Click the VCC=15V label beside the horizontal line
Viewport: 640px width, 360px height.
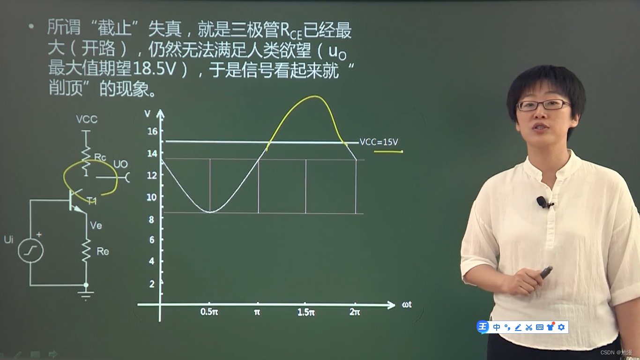(x=379, y=142)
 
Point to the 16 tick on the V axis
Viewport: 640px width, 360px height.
(x=152, y=131)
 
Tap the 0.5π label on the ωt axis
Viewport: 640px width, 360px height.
(x=209, y=312)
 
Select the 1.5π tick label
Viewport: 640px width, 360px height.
(x=306, y=312)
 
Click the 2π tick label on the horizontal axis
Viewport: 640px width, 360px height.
(x=355, y=312)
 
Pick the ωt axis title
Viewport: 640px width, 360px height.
(x=407, y=305)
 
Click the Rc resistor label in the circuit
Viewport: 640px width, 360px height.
(x=100, y=157)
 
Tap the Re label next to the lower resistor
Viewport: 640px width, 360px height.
(x=103, y=252)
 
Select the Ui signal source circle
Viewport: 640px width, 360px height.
(x=30, y=251)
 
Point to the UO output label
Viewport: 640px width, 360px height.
(x=120, y=165)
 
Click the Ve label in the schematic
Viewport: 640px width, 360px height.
(x=96, y=226)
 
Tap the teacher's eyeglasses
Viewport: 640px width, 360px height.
(x=543, y=105)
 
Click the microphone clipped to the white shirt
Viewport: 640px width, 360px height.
(x=542, y=202)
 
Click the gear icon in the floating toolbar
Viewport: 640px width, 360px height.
(x=561, y=327)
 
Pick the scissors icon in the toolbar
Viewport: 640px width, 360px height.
(x=529, y=327)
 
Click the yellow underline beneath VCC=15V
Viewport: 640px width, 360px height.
(x=388, y=152)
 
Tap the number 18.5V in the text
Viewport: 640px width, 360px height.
(x=154, y=69)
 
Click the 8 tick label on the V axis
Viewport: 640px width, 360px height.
(x=152, y=218)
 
